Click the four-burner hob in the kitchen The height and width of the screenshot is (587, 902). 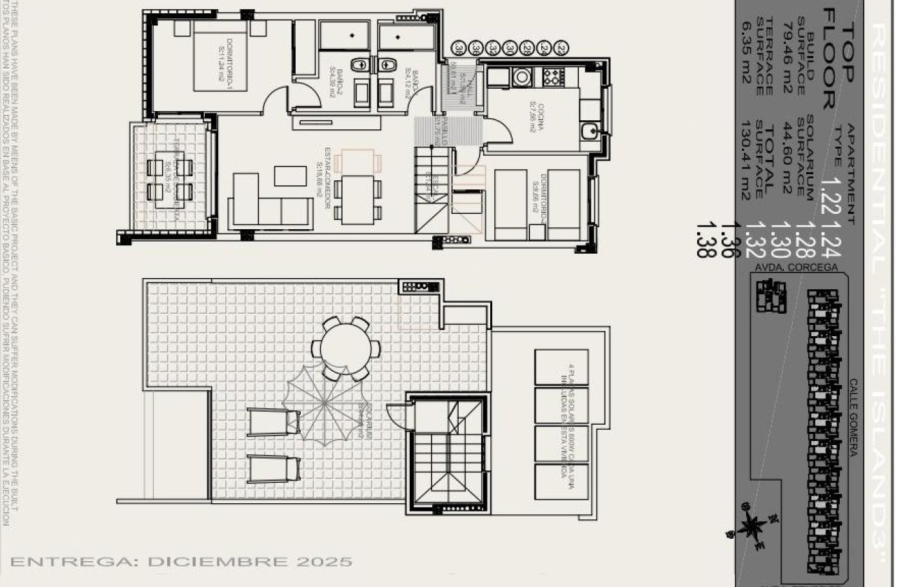click(552, 75)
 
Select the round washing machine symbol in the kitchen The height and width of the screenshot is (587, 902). click(522, 75)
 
